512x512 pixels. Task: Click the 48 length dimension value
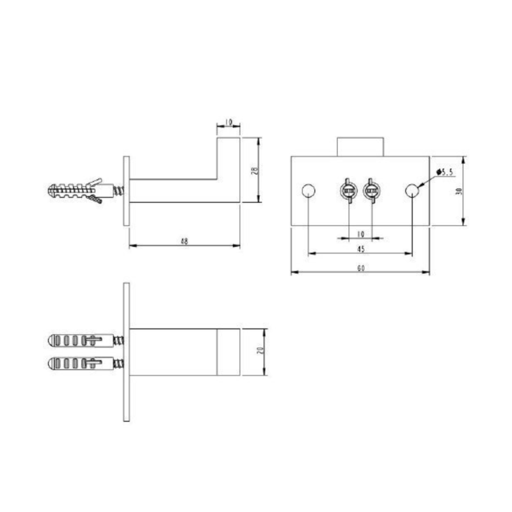point(184,241)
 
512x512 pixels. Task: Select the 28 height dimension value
point(253,170)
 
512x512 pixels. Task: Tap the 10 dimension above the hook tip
point(228,122)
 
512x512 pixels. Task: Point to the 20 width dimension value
point(260,352)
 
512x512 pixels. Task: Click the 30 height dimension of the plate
point(458,191)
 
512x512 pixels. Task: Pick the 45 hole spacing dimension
point(360,249)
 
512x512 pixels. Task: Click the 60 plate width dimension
point(360,268)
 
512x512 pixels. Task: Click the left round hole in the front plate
point(308,191)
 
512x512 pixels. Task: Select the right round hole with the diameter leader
point(413,191)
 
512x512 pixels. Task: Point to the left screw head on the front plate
point(348,191)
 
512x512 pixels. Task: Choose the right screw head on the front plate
point(372,191)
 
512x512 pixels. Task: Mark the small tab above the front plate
point(360,147)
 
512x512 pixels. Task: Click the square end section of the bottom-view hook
point(228,352)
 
